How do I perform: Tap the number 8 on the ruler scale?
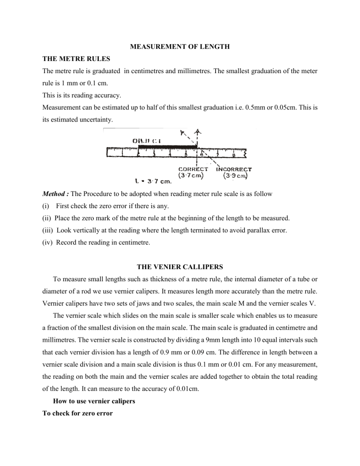[233, 154]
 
